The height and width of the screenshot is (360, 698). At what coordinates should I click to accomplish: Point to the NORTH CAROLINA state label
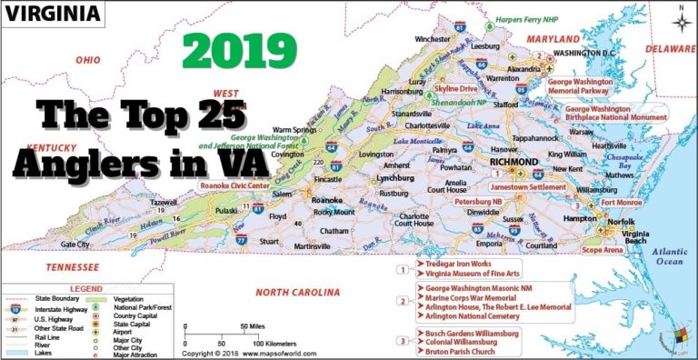[297, 292]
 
